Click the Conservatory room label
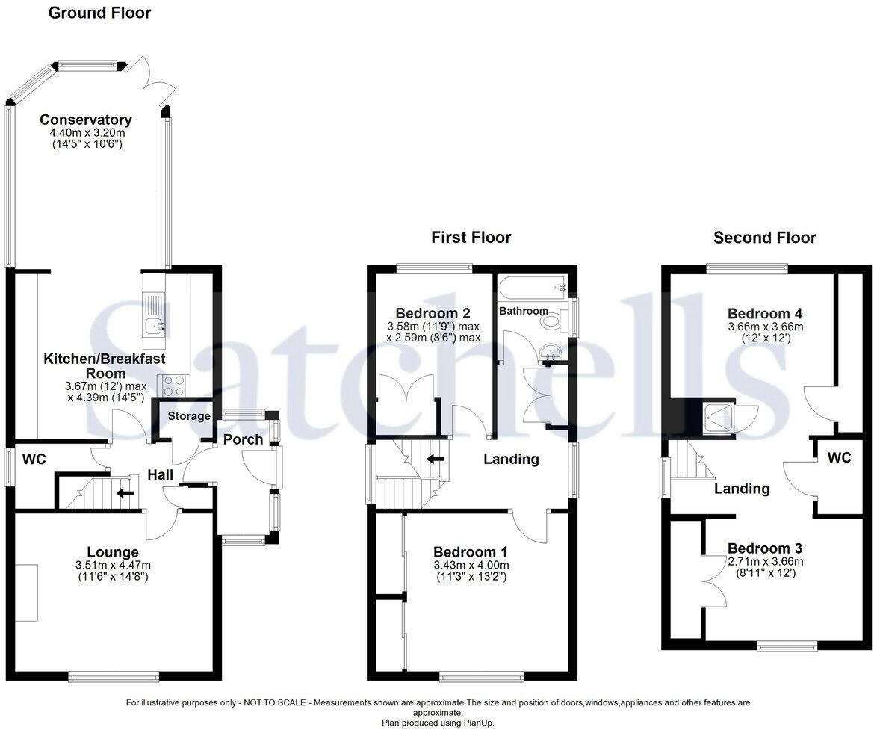(86, 120)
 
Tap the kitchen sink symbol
(155, 324)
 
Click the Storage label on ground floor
(188, 416)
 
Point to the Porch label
(243, 439)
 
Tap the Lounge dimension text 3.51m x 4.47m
(112, 566)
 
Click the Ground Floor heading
(100, 13)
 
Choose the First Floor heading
(471, 238)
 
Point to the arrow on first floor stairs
(436, 459)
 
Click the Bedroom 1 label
(471, 552)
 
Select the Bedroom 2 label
(433, 313)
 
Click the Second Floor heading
(764, 238)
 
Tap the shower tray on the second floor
(719, 418)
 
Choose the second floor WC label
(839, 458)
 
